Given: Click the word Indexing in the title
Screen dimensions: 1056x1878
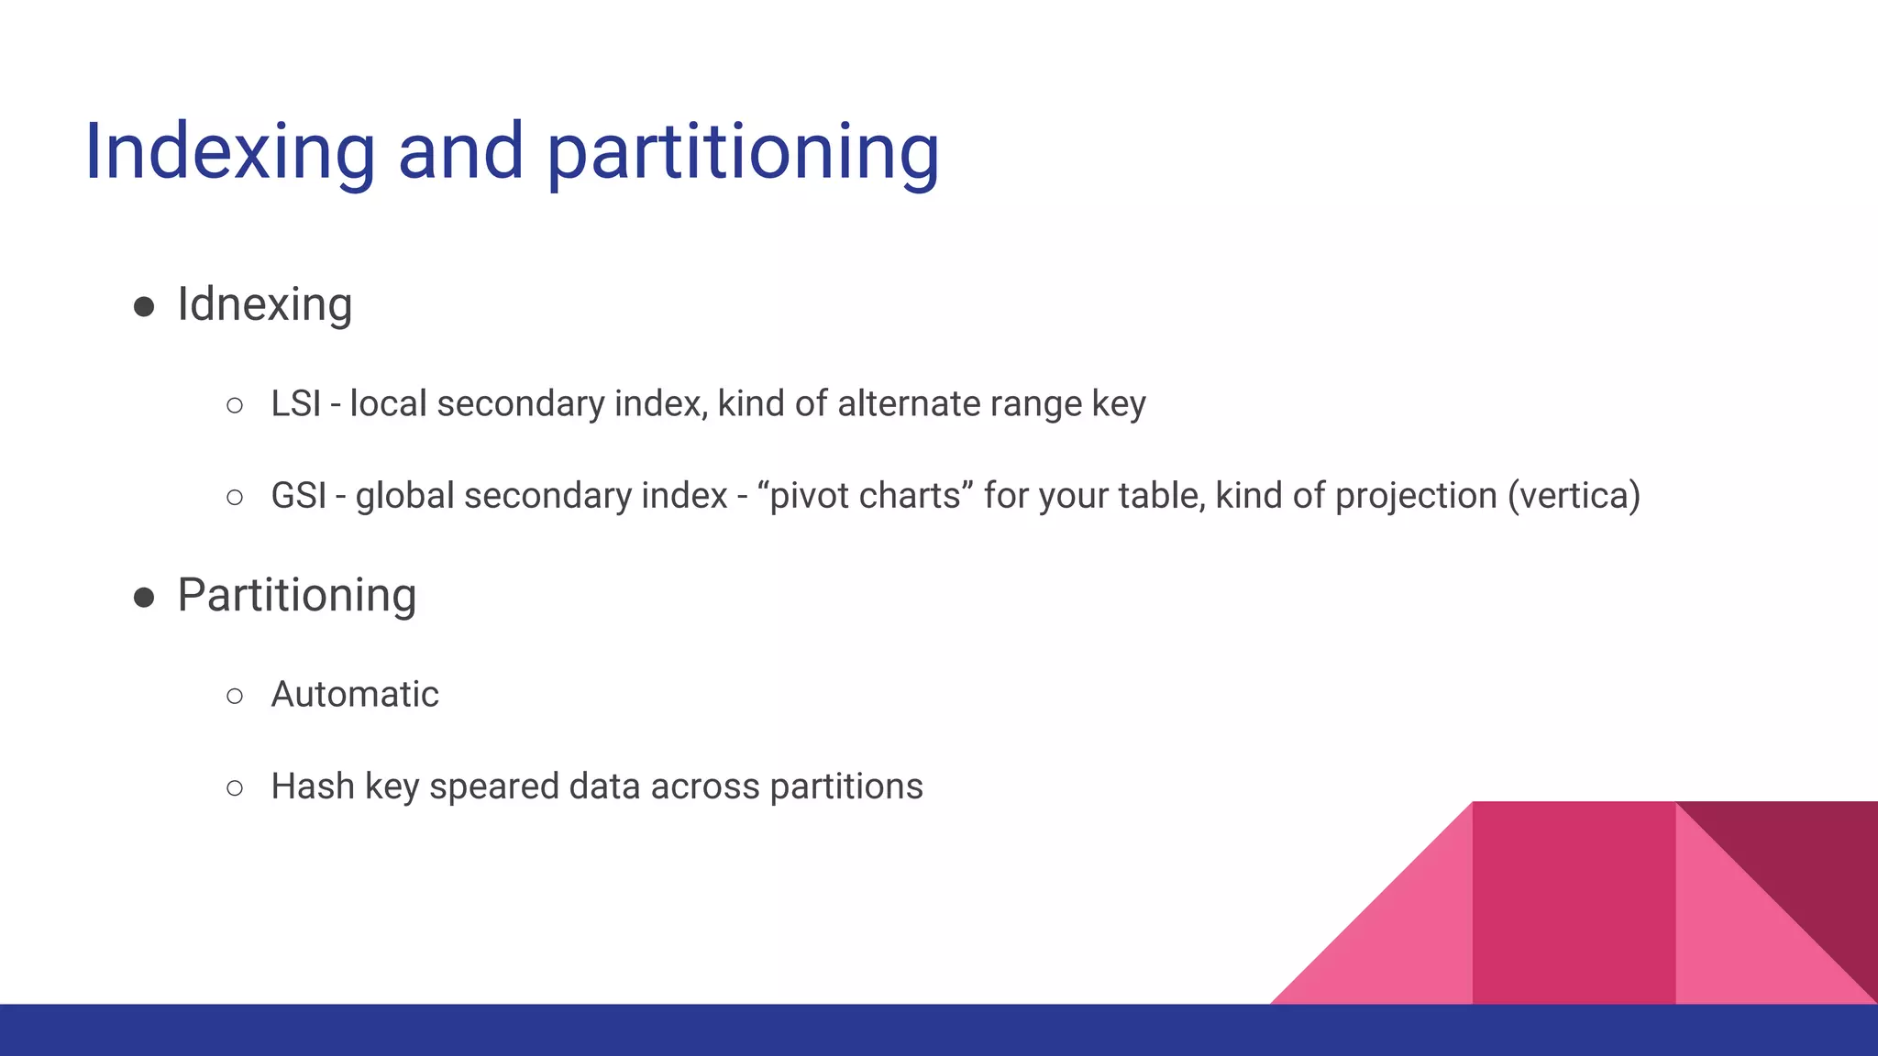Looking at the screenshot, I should tap(229, 152).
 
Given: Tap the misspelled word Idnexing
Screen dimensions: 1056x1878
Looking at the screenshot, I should tap(264, 304).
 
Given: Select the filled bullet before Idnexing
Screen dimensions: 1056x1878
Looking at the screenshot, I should tap(144, 306).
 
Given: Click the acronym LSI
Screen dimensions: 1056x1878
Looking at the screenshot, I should tap(295, 404).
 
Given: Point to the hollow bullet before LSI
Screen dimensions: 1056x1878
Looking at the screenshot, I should tap(235, 405).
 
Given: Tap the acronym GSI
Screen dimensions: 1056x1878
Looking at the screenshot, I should tap(298, 496).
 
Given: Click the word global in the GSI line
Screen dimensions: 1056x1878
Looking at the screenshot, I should tap(404, 496).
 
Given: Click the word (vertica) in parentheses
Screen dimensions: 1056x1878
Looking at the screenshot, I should tap(1574, 496).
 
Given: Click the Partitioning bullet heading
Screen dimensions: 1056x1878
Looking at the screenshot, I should tap(296, 596).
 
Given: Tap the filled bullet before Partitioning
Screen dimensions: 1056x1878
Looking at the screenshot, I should tap(144, 598).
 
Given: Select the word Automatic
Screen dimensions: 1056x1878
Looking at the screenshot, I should tap(355, 695).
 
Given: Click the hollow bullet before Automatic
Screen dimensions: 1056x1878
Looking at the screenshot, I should tap(235, 697).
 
